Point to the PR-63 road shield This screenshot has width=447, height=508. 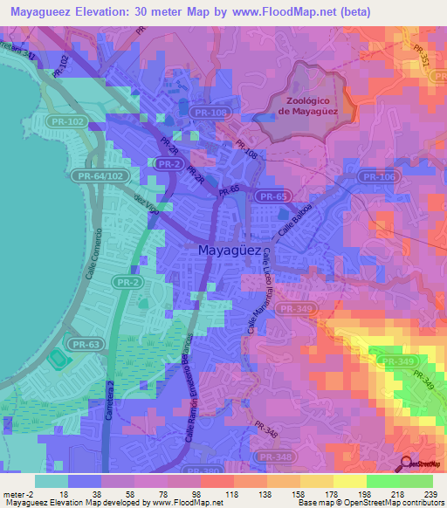click(x=86, y=345)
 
